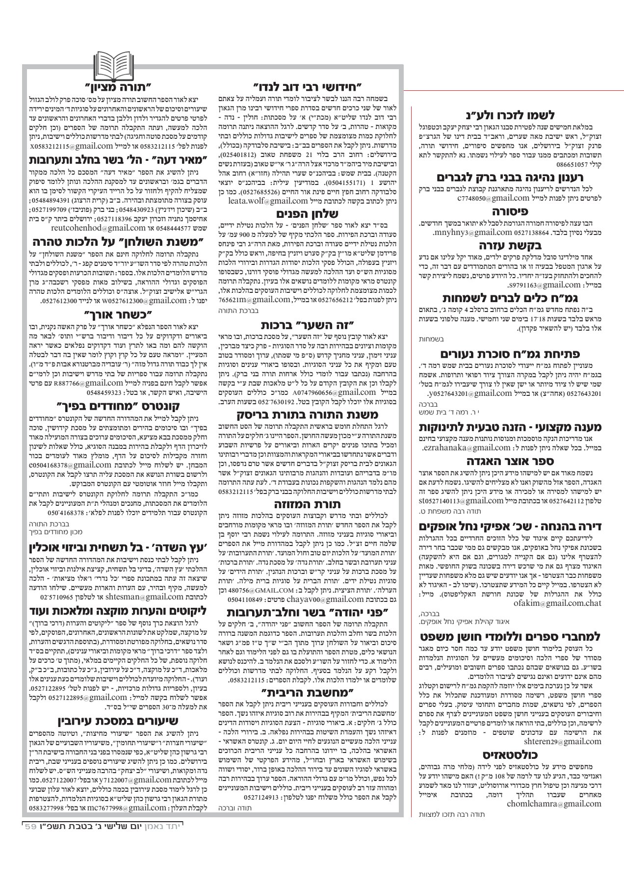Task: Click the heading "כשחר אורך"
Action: pos(112,312)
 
